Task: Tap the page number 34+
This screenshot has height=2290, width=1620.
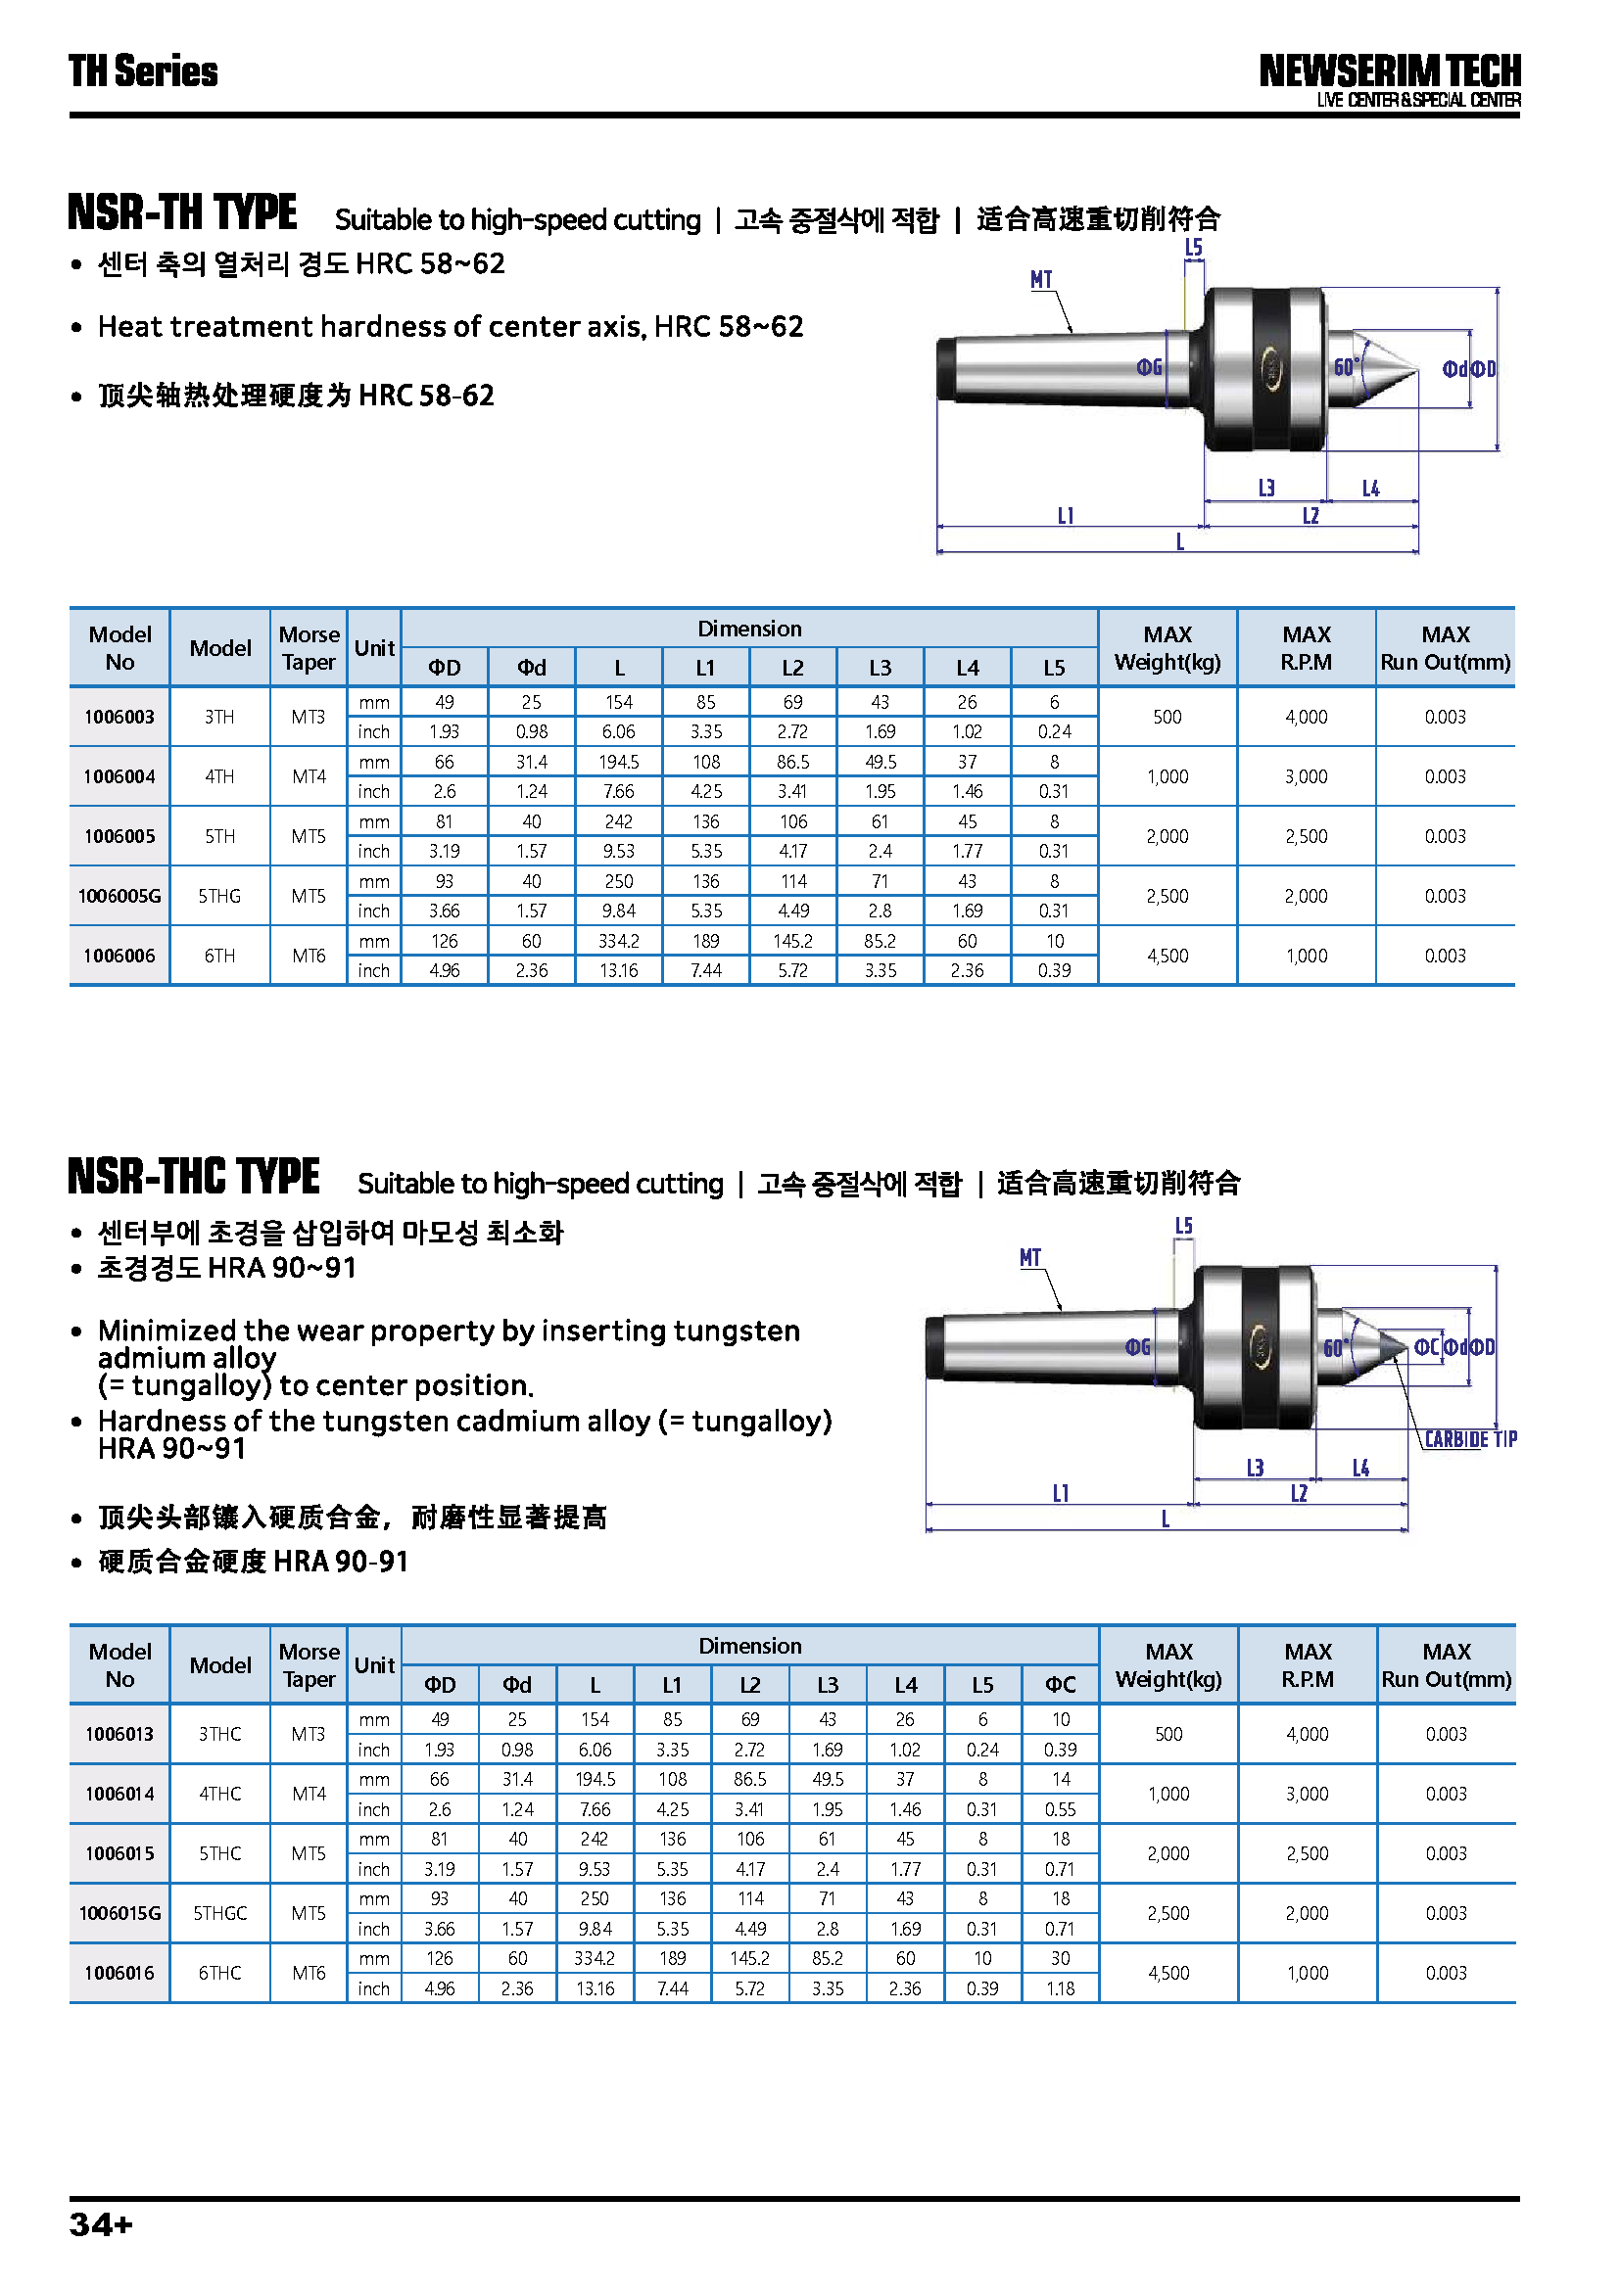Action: pyautogui.click(x=101, y=2225)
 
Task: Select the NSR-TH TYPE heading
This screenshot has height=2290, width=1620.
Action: pyautogui.click(x=182, y=212)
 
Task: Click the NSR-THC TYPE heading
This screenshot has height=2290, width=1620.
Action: pyautogui.click(x=194, y=1177)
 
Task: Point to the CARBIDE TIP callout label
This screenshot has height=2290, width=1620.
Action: pyautogui.click(x=1469, y=1439)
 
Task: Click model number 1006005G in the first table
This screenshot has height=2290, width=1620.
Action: pyautogui.click(x=119, y=896)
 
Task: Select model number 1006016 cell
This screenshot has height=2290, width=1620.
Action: pyautogui.click(x=119, y=1973)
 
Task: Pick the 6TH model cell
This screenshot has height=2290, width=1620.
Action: pyautogui.click(x=219, y=956)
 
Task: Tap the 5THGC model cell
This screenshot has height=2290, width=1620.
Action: pyautogui.click(x=219, y=1913)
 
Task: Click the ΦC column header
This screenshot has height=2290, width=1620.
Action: pyautogui.click(x=1060, y=1685)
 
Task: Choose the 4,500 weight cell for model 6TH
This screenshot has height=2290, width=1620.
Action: pyautogui.click(x=1167, y=956)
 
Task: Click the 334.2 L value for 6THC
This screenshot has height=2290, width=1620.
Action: pyautogui.click(x=595, y=1958)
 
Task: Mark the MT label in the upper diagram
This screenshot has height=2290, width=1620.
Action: pyautogui.click(x=1040, y=280)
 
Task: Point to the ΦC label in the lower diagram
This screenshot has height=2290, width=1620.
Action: pyautogui.click(x=1426, y=1347)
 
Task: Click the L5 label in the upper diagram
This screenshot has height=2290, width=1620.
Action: pyautogui.click(x=1193, y=248)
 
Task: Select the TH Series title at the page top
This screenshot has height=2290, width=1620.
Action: pyautogui.click(x=143, y=71)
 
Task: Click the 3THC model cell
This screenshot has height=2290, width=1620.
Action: pyautogui.click(x=219, y=1734)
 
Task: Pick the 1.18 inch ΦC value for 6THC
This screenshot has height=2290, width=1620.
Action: pyautogui.click(x=1060, y=1987)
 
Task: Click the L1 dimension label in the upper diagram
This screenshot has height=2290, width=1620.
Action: pyautogui.click(x=1066, y=516)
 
